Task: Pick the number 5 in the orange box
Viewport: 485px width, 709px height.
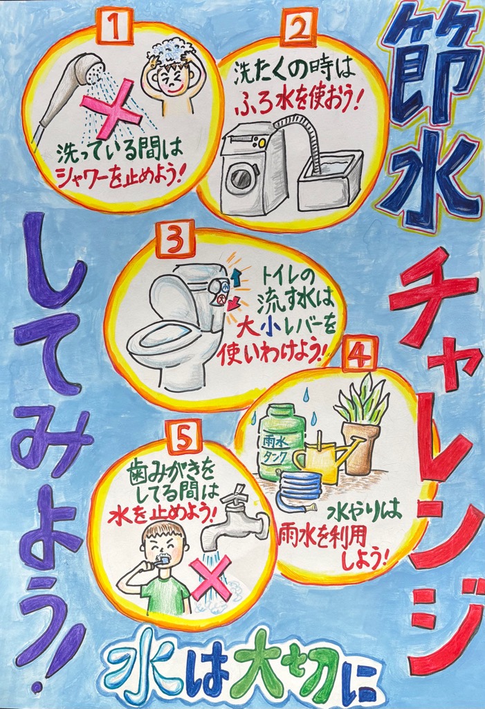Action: point(183,438)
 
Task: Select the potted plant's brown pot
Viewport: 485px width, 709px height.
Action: point(360,448)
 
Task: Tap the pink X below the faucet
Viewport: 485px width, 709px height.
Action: point(212,578)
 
